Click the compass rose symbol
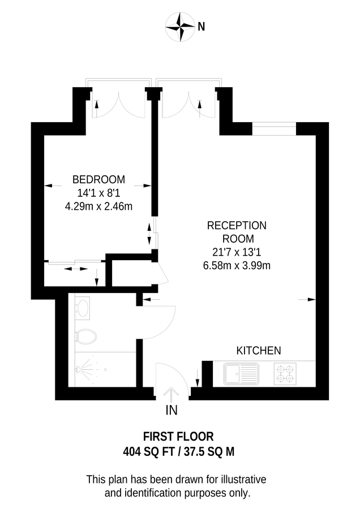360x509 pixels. point(181,26)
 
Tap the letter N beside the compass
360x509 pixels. point(202,26)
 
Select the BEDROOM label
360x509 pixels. point(98,179)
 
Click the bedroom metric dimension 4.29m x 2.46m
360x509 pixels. point(98,206)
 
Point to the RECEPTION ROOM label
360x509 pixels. point(237,231)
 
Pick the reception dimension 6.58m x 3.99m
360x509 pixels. point(237,264)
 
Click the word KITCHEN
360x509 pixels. point(258,351)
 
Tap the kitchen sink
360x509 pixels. point(241,373)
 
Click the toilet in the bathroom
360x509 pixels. point(85,336)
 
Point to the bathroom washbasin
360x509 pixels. point(83,308)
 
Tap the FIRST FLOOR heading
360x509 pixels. point(178,437)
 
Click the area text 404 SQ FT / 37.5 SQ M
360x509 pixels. point(178,451)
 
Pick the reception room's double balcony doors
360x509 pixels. point(187,102)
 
